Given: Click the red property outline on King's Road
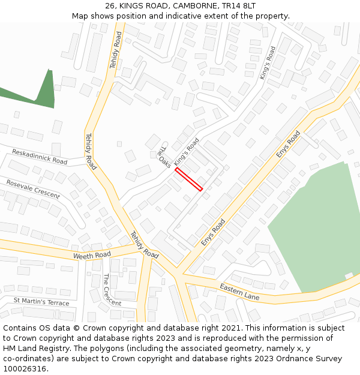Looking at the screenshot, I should [x=188, y=179].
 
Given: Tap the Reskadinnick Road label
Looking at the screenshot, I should [x=40, y=157].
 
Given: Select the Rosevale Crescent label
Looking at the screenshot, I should [x=33, y=188].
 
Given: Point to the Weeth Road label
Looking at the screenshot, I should [x=92, y=255].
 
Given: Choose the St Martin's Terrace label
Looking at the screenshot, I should [x=41, y=301].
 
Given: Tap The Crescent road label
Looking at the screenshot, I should [x=112, y=289].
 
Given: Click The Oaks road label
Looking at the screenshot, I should [x=164, y=158].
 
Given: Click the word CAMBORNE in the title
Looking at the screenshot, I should [x=191, y=5].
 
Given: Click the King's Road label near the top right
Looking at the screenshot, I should [x=268, y=63].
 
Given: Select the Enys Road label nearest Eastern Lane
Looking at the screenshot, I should [x=213, y=232].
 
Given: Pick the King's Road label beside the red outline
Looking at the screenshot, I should [x=187, y=152].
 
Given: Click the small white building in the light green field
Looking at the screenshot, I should [x=349, y=276].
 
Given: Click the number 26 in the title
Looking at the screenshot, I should [x=110, y=5].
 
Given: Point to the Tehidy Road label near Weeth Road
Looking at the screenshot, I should [x=145, y=245].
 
